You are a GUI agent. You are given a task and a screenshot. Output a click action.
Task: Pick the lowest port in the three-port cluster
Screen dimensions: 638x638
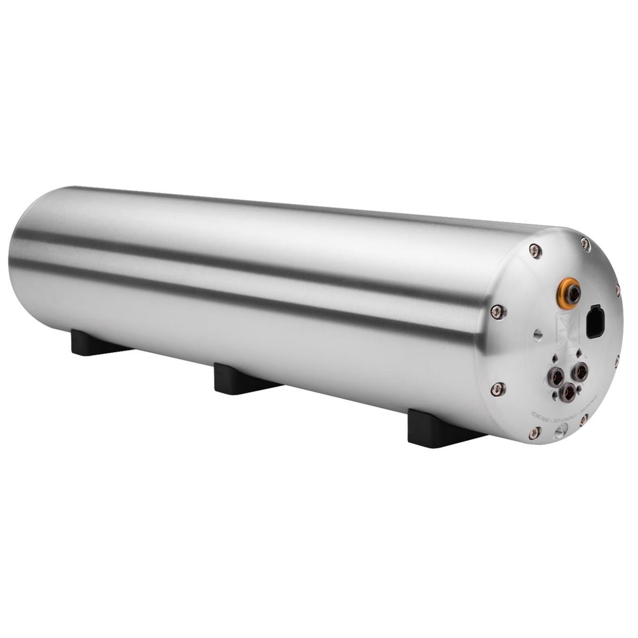pyautogui.click(x=569, y=390)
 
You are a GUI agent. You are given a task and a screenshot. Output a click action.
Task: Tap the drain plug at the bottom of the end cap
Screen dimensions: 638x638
pyautogui.click(x=559, y=432)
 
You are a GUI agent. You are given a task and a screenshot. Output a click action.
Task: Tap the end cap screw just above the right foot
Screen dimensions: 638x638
pyautogui.click(x=499, y=388)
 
